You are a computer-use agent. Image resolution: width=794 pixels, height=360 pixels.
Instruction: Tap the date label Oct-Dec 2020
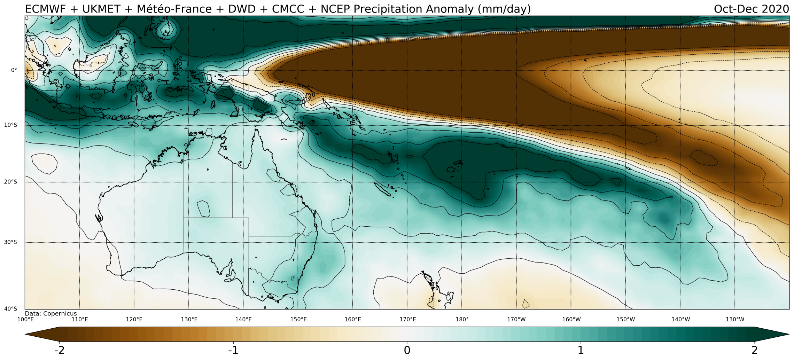point(751,9)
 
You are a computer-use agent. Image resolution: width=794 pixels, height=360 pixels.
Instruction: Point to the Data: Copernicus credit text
point(51,314)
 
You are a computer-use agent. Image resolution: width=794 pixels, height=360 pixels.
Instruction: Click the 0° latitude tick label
point(14,70)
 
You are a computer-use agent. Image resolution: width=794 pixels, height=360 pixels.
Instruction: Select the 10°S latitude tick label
point(10,125)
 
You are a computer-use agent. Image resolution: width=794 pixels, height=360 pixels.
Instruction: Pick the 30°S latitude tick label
point(10,242)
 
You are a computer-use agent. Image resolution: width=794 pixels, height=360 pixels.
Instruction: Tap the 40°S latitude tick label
point(10,308)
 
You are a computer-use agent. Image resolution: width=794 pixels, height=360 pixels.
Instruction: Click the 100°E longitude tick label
point(25,319)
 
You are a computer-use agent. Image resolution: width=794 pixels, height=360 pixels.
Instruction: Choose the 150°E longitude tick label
point(298,319)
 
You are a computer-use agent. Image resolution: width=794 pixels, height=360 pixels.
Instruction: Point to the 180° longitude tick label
point(462,319)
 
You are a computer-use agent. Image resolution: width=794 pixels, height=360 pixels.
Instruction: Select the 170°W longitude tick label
point(516,319)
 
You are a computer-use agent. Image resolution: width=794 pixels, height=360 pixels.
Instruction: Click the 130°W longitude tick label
point(735,319)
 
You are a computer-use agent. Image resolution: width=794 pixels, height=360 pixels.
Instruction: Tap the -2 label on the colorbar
point(60,350)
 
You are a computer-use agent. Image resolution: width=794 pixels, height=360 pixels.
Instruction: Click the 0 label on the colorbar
point(407,350)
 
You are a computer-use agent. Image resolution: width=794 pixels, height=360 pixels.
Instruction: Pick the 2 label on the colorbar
point(754,350)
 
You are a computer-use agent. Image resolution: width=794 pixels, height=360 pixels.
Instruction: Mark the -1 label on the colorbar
point(233,350)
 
